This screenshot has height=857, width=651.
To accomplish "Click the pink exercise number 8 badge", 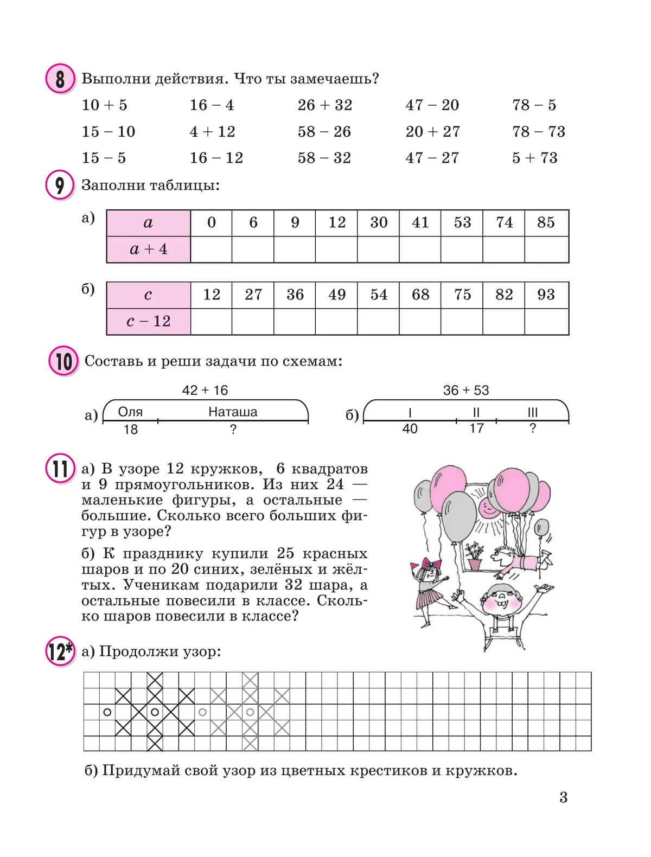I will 59,79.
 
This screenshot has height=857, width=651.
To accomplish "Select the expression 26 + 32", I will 324,105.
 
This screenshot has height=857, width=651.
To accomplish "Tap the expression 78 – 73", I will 538,132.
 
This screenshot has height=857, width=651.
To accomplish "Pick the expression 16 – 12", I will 216,158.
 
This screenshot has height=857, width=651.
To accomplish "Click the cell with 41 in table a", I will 420,222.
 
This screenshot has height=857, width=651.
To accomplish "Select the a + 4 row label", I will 148,250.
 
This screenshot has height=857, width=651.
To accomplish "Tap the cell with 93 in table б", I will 546,295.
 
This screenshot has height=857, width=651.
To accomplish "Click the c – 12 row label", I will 148,322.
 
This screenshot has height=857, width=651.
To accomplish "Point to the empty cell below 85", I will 546,250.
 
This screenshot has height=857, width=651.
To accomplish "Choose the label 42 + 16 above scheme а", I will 205,390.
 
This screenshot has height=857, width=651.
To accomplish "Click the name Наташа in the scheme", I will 233,412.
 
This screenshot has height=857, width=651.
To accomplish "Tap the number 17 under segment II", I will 476,428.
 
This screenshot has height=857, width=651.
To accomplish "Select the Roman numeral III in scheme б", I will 533,413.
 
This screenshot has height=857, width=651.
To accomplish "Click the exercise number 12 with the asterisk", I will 60,651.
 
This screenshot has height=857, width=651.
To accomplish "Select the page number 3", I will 563,797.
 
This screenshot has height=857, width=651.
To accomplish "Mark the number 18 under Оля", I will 131,430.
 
